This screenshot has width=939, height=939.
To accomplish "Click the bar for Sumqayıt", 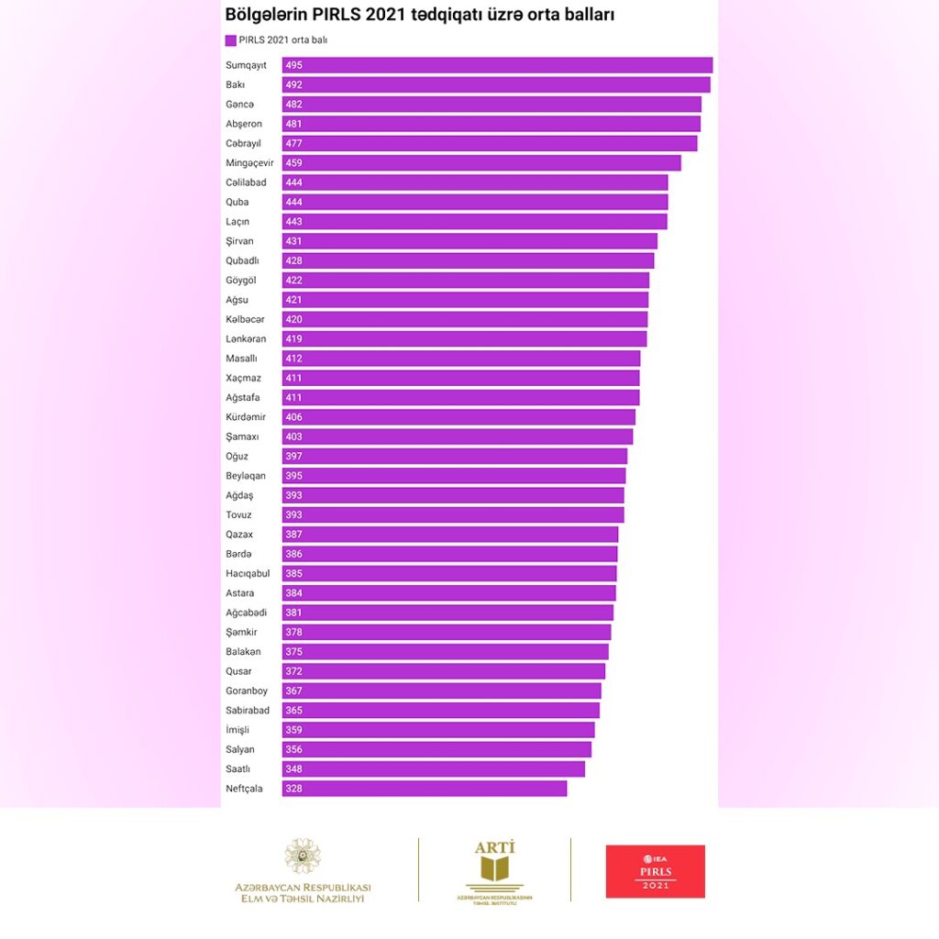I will pos(497,65).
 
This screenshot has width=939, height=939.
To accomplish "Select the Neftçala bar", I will pos(425,789).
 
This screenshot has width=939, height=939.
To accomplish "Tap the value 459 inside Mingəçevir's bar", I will pos(293,163).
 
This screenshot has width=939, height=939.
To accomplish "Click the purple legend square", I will pos(230,40).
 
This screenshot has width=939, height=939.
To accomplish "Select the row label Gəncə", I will pos(240,105).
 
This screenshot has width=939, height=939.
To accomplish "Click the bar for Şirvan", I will pos(469,241).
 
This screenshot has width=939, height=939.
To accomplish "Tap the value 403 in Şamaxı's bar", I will pos(293,436).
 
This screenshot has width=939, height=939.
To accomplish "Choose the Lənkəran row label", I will pos(246,339).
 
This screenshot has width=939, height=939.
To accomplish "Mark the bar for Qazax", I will pos(449,535).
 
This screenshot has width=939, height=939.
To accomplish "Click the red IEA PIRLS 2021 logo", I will pos(655,871).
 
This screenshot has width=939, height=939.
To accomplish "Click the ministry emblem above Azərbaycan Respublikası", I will pos(303,856).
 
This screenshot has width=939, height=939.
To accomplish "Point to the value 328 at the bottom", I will pos(293,789).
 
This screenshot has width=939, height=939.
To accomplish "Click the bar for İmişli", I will pos(438,730).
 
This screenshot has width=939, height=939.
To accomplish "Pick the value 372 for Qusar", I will pos(293,671).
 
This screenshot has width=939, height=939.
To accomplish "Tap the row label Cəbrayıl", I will pos(244,144).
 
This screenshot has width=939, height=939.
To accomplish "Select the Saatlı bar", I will pos(433,768).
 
